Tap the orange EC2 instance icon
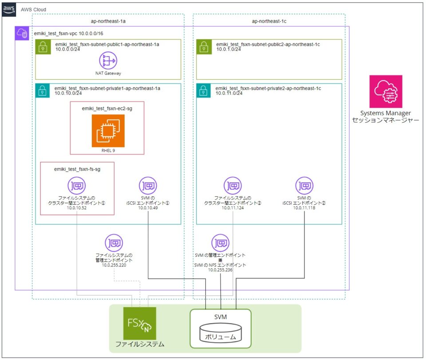click(x=108, y=131)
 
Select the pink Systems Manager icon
click(x=386, y=91)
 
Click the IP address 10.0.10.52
click(x=78, y=208)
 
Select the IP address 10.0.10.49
click(x=148, y=208)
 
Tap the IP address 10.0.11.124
click(x=233, y=208)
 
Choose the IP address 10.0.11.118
click(x=304, y=208)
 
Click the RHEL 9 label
click(x=108, y=150)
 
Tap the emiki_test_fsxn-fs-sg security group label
click(x=77, y=169)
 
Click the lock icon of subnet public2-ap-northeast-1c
click(x=204, y=47)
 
